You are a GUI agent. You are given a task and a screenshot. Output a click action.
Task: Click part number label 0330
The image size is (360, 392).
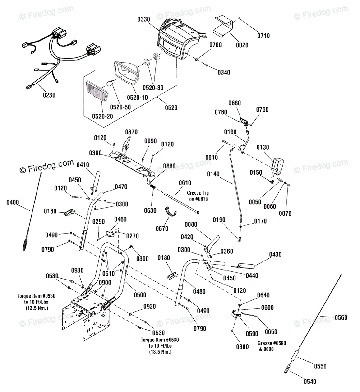[x=143, y=19]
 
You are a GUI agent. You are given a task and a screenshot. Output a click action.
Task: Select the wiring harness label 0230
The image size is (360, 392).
[x=49, y=95]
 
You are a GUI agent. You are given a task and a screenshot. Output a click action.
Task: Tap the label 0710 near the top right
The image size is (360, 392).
[x=263, y=36]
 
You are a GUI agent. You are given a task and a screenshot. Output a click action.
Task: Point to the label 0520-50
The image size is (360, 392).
[x=120, y=107]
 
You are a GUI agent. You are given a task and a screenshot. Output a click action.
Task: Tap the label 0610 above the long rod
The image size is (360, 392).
[x=185, y=183]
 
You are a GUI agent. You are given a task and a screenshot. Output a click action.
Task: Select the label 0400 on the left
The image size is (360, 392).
[x=13, y=203]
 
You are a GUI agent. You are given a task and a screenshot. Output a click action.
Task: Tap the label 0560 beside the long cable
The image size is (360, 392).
[x=341, y=318]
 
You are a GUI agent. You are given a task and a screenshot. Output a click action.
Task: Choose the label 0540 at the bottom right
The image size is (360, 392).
[x=309, y=381]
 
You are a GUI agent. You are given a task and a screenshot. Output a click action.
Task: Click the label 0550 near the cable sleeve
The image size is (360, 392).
[x=320, y=366]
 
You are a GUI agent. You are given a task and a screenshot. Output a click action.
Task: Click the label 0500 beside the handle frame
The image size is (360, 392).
[x=140, y=295]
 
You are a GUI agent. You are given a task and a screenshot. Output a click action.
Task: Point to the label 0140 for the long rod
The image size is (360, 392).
[x=213, y=174]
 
